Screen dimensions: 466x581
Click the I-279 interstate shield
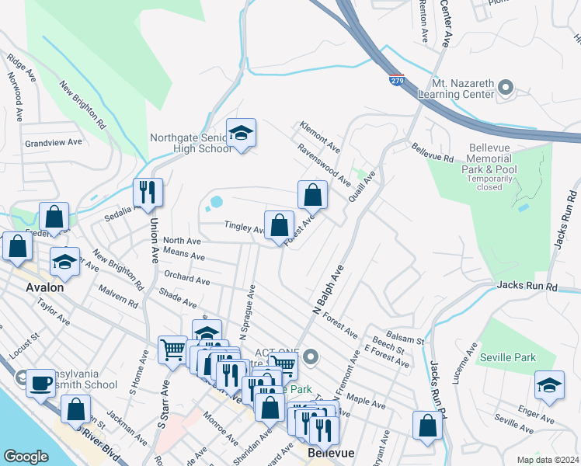click(x=396, y=79)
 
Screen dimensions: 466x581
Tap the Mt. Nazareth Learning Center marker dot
click(x=506, y=87)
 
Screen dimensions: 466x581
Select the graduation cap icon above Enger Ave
click(x=548, y=385)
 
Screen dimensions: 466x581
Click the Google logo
click(x=26, y=456)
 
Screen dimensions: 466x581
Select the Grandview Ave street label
click(x=53, y=143)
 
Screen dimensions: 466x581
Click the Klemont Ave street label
click(x=320, y=137)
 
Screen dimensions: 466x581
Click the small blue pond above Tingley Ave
click(x=215, y=203)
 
